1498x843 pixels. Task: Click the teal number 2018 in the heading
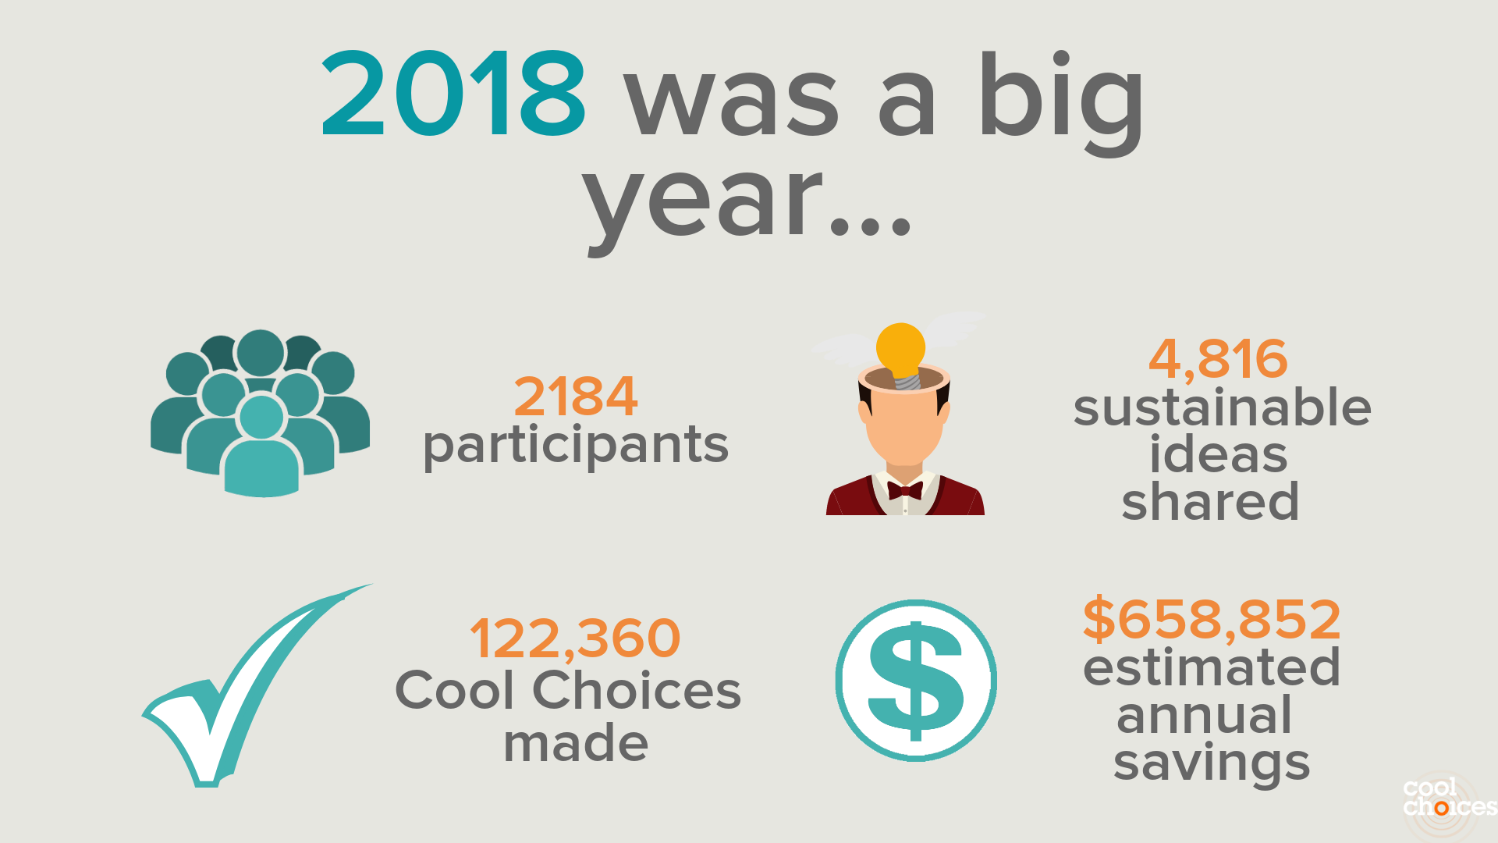pos(453,94)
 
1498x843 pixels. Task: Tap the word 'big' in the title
pos(1061,101)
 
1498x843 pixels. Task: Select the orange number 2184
pos(576,397)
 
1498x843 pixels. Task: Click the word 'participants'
pos(576,446)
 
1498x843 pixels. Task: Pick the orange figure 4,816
pos(1218,359)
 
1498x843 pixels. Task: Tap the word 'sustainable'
pos(1222,407)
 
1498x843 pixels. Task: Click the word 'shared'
pos(1210,501)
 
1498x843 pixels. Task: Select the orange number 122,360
pos(575,638)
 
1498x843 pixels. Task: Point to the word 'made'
pos(576,743)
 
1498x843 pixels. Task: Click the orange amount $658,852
pos(1212,619)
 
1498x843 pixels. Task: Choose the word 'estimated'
pos(1212,667)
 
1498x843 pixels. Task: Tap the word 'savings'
pos(1212,763)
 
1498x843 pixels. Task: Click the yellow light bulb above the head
pos(902,353)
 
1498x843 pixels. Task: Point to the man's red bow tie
pos(905,490)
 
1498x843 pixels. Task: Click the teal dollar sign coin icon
pos(916,681)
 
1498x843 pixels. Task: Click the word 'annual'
pos(1205,715)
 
